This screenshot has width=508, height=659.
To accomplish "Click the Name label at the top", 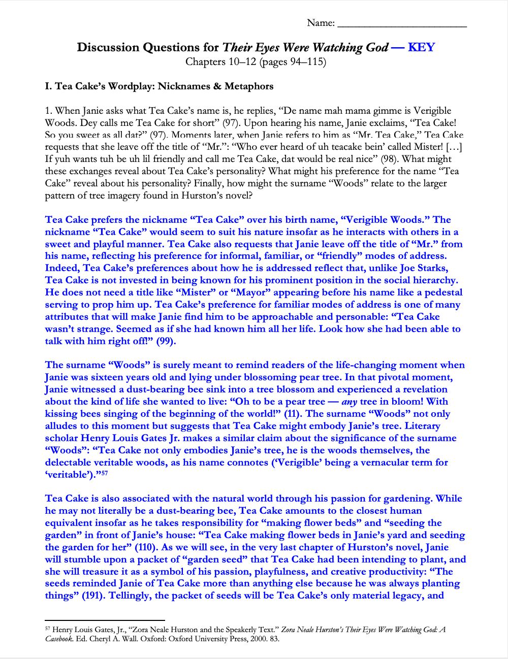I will point(321,23).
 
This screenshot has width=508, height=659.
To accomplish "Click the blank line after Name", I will point(402,24).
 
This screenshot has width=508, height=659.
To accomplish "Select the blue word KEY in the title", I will point(421,47).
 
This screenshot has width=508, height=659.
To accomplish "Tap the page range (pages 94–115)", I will point(293,62).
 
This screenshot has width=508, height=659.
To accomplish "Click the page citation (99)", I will point(166,341).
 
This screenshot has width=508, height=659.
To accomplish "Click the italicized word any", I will point(350,402).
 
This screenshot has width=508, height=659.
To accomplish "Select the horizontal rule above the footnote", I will point(105,620).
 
